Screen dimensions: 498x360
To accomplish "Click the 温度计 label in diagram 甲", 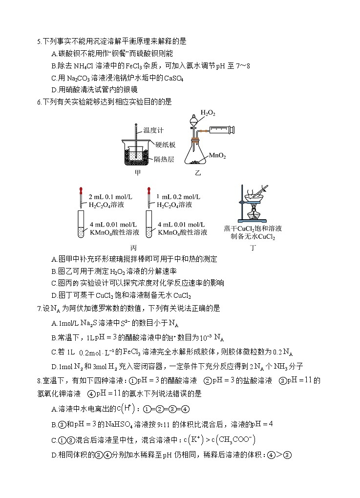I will pos(153,130).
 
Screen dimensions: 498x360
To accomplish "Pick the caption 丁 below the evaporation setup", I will pos(253,248).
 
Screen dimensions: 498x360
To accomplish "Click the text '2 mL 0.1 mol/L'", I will pos(110,196).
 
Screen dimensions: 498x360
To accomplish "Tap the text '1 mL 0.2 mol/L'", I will pos(179,196).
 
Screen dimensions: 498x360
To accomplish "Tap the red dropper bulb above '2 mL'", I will pos(79,190).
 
